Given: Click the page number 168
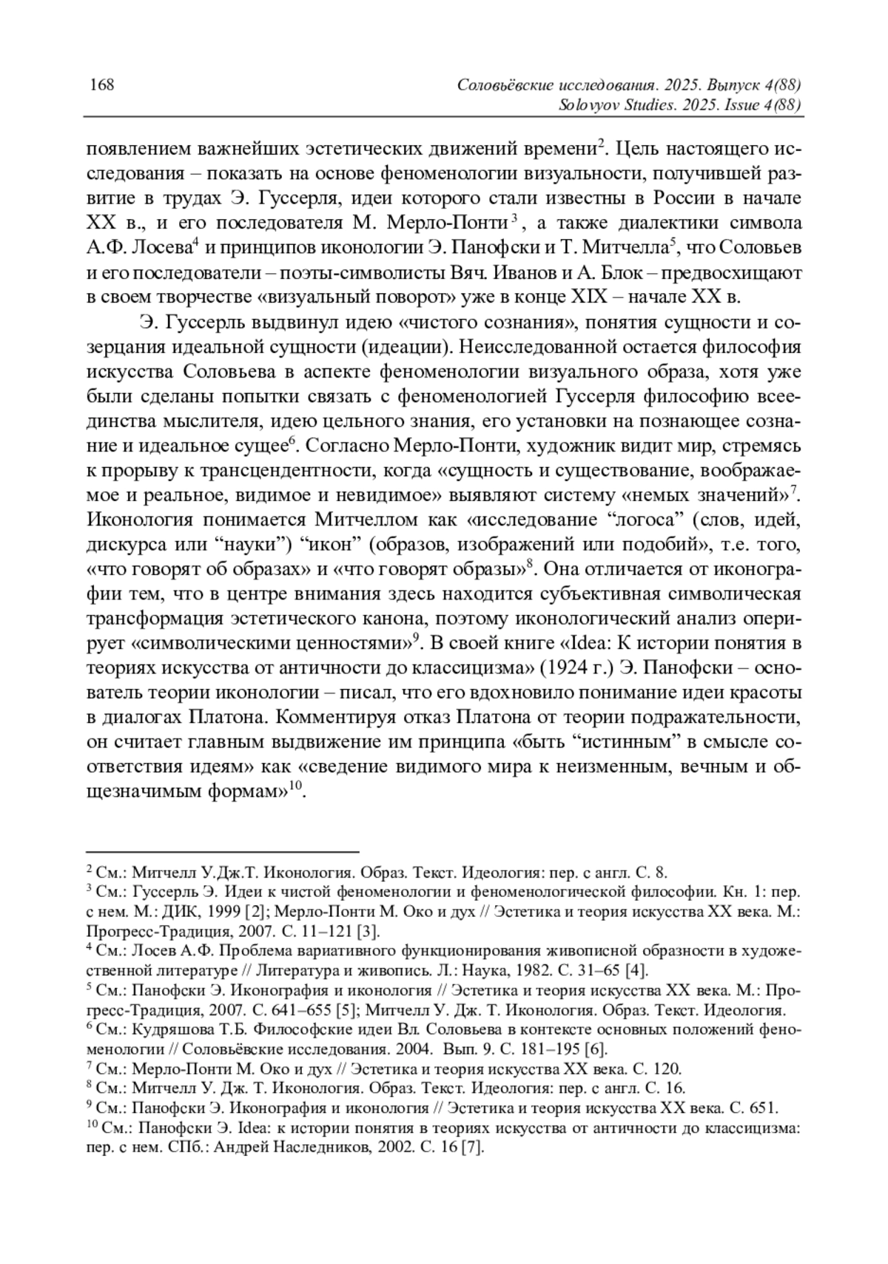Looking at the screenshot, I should [x=101, y=84].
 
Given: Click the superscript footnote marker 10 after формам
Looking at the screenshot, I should [x=295, y=785].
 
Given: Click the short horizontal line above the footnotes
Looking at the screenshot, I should [x=223, y=852].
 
